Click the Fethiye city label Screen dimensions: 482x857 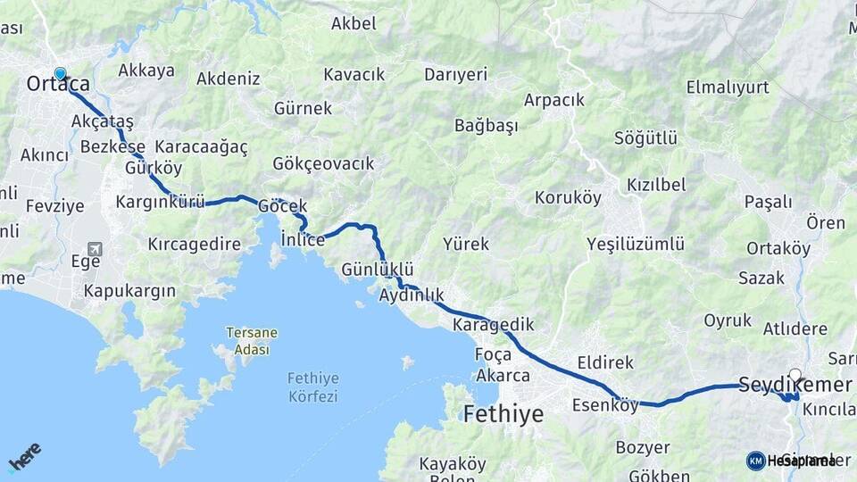tap(503, 414)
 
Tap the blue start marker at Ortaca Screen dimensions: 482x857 tap(60, 75)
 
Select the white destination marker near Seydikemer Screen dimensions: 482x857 tap(795, 376)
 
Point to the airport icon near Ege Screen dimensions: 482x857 tap(95, 249)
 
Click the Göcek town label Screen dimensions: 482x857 tap(282, 206)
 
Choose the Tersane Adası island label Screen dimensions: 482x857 tap(251, 341)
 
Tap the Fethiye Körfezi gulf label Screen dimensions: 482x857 tap(312, 386)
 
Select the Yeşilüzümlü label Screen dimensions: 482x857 tap(636, 244)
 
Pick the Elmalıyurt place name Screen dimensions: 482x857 tap(728, 87)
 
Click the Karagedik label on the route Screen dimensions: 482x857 tap(493, 323)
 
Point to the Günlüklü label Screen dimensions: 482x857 tap(378, 269)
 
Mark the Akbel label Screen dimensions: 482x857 tap(354, 24)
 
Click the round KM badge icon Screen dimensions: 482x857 tap(755, 461)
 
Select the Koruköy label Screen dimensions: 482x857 tap(568, 197)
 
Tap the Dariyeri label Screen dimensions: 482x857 tap(455, 74)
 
